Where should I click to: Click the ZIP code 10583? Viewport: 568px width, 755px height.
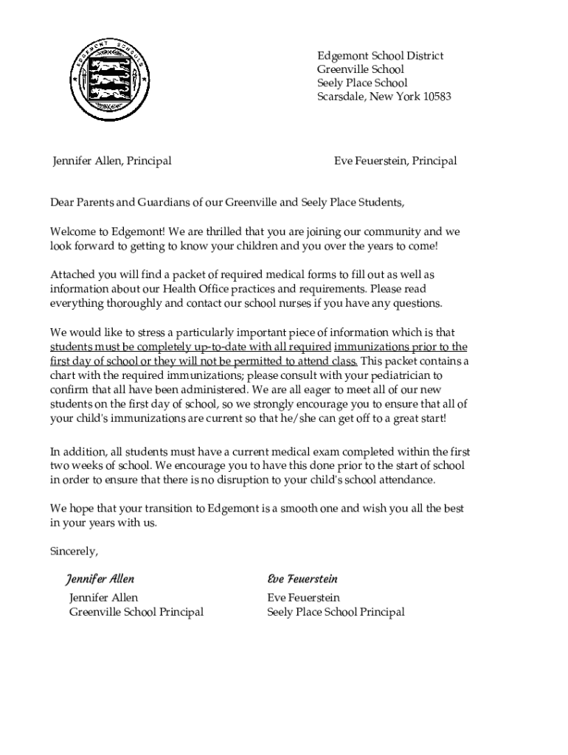pos(436,97)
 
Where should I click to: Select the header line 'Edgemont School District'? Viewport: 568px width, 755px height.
pos(380,57)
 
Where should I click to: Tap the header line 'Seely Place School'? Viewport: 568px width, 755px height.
pos(362,83)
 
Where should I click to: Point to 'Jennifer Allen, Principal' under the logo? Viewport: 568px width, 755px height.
pos(111,161)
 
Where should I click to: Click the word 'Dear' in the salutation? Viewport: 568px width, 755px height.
pos(63,202)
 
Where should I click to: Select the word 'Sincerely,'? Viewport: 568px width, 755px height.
pos(74,551)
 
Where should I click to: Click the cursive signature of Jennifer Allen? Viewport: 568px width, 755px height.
pos(100,579)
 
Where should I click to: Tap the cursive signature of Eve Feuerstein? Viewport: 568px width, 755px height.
pos(302,579)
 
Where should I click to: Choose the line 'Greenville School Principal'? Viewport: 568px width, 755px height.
pos(136,612)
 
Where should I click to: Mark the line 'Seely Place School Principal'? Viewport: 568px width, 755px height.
pos(336,612)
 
